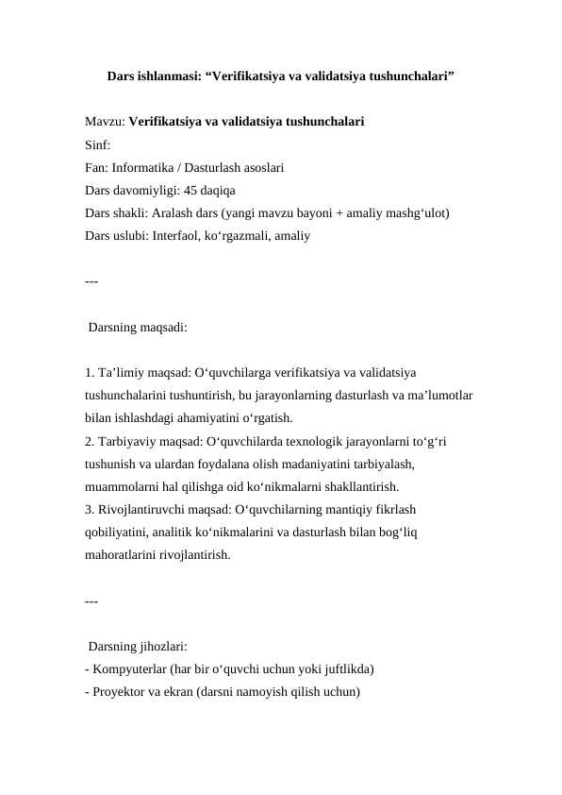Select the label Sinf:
click(x=97, y=146)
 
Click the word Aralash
click(x=180, y=214)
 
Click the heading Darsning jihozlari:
click(x=138, y=647)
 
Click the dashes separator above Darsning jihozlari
click(x=91, y=600)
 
